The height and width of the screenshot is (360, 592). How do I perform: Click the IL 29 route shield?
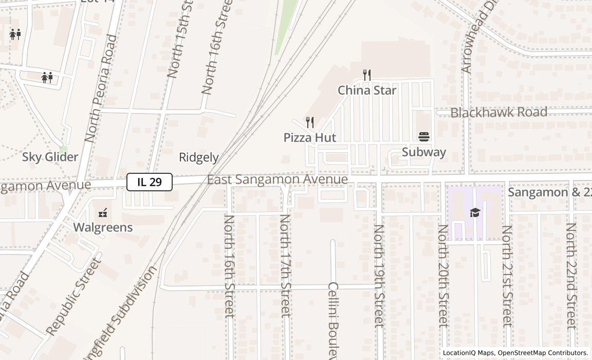coord(150,182)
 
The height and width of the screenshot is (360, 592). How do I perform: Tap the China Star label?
coord(367,91)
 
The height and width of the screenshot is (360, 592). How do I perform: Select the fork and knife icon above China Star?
coord(367,75)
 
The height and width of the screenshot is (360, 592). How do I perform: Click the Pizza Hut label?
coord(310,137)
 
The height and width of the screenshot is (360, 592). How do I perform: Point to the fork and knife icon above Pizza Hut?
coord(310,122)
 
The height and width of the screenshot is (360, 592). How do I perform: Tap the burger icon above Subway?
coord(424,136)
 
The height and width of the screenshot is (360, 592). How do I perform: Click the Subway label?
coord(424,152)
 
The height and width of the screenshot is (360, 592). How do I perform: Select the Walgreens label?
coord(103,227)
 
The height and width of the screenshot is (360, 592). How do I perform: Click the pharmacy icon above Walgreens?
coord(103,212)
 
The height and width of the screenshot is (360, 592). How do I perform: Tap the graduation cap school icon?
coord(475,212)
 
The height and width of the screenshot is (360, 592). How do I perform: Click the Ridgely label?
coord(199,157)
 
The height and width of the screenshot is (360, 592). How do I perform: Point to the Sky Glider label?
coord(50,157)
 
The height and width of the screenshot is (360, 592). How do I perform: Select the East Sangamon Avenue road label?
coord(277,179)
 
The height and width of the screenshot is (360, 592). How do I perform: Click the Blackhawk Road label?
coord(498,112)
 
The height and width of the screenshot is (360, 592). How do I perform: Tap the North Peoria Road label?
coord(100,88)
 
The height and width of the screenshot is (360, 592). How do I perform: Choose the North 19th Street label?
coord(379,276)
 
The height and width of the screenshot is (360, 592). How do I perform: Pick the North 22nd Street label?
coord(571,276)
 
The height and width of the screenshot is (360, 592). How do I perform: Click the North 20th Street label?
coord(442,276)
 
